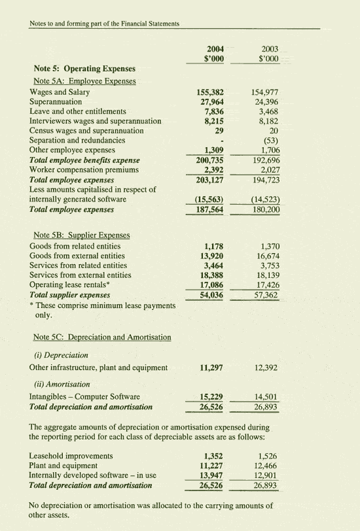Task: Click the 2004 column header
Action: tap(215, 49)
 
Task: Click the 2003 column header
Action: tap(269, 49)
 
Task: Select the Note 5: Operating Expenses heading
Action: tap(84, 69)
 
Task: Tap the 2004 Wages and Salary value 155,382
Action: tap(211, 93)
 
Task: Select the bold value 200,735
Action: tap(211, 160)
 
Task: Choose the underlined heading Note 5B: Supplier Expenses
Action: tap(81, 235)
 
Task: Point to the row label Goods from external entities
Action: tap(77, 256)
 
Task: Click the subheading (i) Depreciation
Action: tap(60, 354)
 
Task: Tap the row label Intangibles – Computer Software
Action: tap(84, 397)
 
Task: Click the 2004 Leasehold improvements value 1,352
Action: tap(215, 456)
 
